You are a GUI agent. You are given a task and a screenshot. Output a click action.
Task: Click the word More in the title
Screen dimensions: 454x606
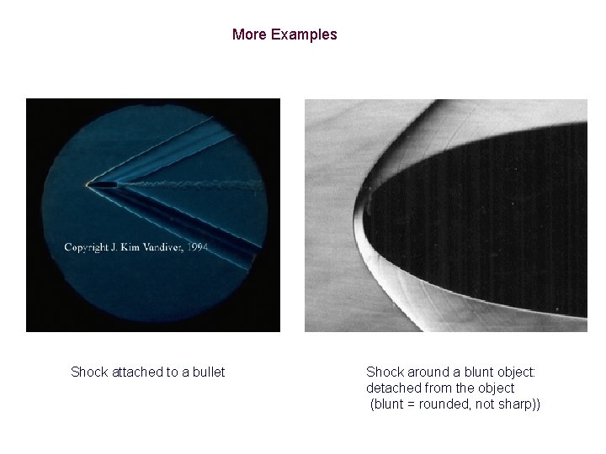[x=249, y=34]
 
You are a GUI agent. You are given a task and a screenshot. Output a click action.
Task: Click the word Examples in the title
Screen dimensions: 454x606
[x=305, y=34]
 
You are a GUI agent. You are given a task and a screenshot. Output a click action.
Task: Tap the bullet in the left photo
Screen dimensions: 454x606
[x=104, y=183]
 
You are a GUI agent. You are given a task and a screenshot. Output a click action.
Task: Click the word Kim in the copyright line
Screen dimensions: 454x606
[x=136, y=247]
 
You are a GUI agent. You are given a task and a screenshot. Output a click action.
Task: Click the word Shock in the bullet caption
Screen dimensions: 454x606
[x=88, y=372]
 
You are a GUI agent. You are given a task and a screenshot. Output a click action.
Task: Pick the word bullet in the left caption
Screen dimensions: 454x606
[x=207, y=372]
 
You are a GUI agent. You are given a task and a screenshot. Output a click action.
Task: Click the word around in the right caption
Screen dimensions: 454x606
[x=424, y=372]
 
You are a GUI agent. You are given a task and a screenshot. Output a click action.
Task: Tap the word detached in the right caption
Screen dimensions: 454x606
[x=393, y=388]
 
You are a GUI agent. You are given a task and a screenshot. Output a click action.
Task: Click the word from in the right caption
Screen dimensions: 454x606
[x=439, y=388]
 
